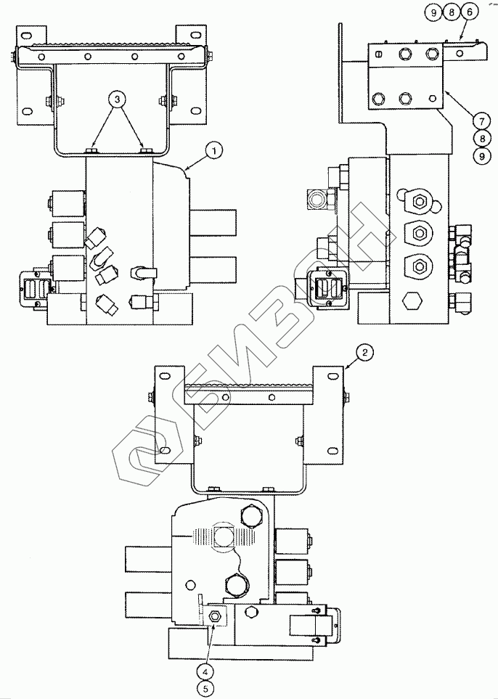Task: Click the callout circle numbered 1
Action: pyautogui.click(x=214, y=150)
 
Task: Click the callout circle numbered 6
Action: pyautogui.click(x=469, y=12)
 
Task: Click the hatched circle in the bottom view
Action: pyautogui.click(x=224, y=537)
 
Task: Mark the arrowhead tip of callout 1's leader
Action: pyautogui.click(x=186, y=169)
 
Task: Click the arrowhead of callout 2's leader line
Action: pyautogui.click(x=343, y=369)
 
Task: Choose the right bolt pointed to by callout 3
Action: pyautogui.click(x=144, y=150)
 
